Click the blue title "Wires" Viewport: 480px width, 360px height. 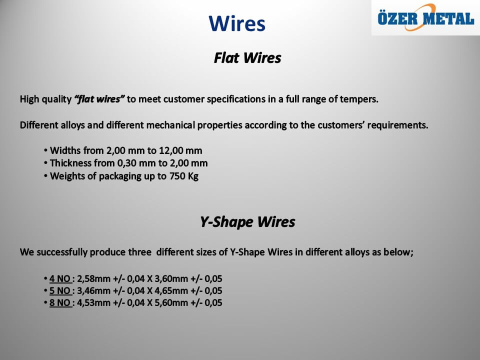(x=237, y=23)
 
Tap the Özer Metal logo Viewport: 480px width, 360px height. (x=426, y=18)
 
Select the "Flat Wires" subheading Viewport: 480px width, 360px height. (x=247, y=58)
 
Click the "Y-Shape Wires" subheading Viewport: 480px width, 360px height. (x=247, y=221)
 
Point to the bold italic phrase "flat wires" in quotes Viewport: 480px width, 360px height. (x=99, y=99)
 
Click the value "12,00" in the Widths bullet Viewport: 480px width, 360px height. (x=170, y=150)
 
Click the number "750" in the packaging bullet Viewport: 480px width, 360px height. (x=177, y=176)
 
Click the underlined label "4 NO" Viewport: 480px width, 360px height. (x=60, y=279)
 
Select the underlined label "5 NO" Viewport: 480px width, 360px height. (x=60, y=291)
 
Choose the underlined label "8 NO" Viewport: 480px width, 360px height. (x=60, y=303)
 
